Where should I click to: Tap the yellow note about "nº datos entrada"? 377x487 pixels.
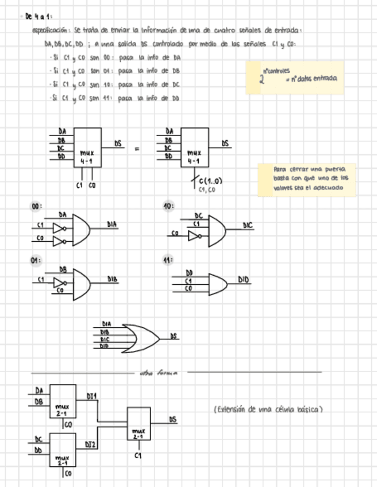294,78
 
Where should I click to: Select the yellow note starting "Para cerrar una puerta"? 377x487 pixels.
306,179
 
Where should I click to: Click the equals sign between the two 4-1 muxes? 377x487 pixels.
137,149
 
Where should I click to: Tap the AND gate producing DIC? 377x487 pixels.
217,230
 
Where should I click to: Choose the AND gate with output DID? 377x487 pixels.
217,283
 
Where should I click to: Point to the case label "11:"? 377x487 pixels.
168,260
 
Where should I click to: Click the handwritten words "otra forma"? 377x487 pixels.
159,373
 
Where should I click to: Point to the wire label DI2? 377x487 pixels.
90,445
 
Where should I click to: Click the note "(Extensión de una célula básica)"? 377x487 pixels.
268,409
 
